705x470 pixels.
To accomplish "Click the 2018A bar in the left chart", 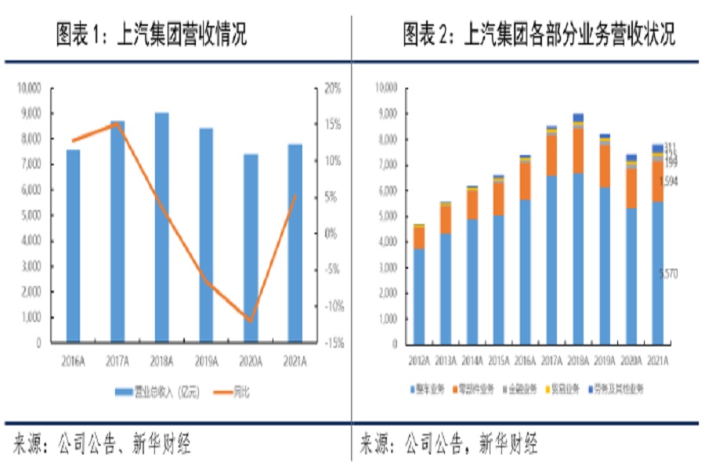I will point(161,227).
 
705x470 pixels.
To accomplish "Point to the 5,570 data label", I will point(668,273).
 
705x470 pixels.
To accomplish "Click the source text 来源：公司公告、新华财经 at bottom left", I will point(102,444).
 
